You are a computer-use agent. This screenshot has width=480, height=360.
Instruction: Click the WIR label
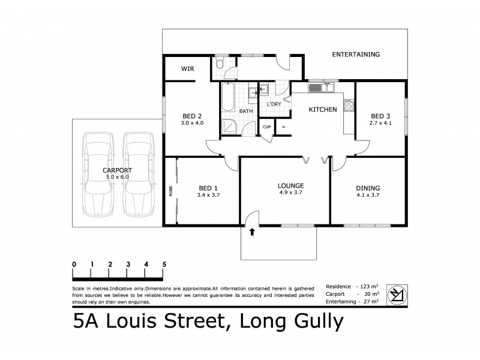(x=187, y=69)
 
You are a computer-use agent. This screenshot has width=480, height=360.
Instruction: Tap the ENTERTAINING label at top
(x=356, y=55)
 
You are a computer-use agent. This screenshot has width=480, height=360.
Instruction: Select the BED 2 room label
(x=191, y=116)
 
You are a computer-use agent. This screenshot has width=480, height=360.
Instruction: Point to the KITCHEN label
(x=322, y=110)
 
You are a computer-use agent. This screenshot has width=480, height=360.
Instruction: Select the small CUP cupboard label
(x=266, y=127)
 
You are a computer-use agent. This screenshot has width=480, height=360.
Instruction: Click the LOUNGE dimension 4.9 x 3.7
(x=290, y=194)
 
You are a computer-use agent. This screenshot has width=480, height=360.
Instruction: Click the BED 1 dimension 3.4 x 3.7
(x=208, y=194)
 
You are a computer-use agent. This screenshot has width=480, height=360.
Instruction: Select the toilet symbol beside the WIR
(x=220, y=64)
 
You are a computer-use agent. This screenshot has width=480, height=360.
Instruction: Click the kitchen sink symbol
(x=322, y=89)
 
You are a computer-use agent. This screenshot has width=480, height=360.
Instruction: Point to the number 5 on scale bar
(x=164, y=264)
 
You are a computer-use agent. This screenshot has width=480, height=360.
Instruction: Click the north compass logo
(x=397, y=294)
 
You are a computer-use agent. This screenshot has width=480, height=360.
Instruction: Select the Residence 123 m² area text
(x=352, y=286)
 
